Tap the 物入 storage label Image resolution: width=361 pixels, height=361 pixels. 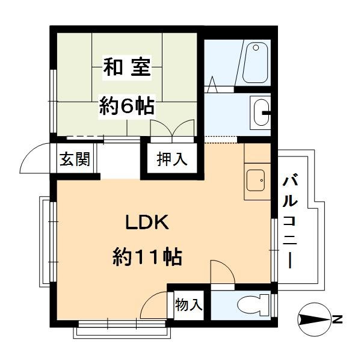[188, 304]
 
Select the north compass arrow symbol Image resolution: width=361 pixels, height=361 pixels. [313, 318]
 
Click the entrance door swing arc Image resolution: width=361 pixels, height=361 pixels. [34, 158]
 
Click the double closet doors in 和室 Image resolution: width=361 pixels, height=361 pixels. [171, 128]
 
